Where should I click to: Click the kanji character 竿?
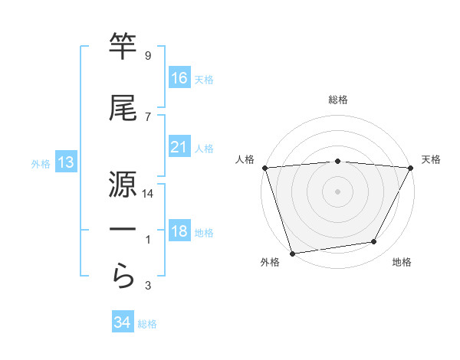[x=123, y=47]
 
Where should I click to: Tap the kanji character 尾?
[x=123, y=109]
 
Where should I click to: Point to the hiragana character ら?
[x=123, y=274]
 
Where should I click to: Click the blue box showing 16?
[x=179, y=78]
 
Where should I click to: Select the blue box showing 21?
[x=179, y=147]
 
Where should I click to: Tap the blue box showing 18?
[x=179, y=232]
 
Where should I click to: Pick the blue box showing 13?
[x=65, y=162]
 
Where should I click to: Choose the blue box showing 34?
[x=123, y=322]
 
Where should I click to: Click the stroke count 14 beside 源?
[x=148, y=195]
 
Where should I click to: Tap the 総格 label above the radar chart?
[x=337, y=100]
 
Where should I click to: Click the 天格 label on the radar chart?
[x=431, y=159]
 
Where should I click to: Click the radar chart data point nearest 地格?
[x=374, y=242]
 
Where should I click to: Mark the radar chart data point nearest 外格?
[x=292, y=253]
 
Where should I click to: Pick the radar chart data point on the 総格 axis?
[x=337, y=161]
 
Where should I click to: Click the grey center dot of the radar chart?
[x=337, y=191]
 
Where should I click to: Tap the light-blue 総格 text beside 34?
[x=147, y=324]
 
